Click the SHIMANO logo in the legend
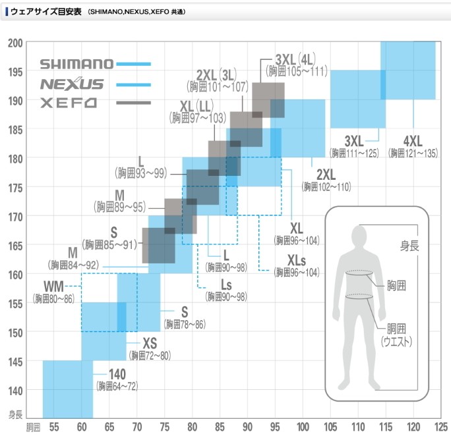pyautogui.click(x=76, y=65)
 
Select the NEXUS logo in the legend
pyautogui.click(x=72, y=84)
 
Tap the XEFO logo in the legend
pyautogui.click(x=69, y=103)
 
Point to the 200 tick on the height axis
pyautogui.click(x=16, y=43)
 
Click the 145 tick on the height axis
pyautogui.click(x=16, y=361)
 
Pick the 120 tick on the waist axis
pyautogui.click(x=414, y=425)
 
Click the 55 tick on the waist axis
pyautogui.click(x=55, y=425)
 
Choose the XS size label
pyautogui.click(x=150, y=343)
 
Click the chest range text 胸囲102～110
pyautogui.click(x=326, y=187)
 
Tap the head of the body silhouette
pyautogui.click(x=359, y=236)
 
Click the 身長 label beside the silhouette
pyautogui.click(x=409, y=246)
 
